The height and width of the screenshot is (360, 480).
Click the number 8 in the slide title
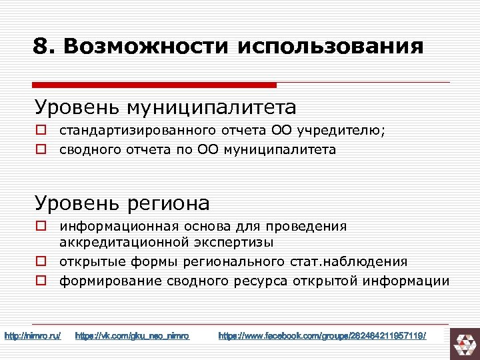[x=41, y=46]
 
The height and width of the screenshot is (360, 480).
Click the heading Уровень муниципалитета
[x=166, y=107]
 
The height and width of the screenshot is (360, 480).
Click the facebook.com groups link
[x=321, y=335]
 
